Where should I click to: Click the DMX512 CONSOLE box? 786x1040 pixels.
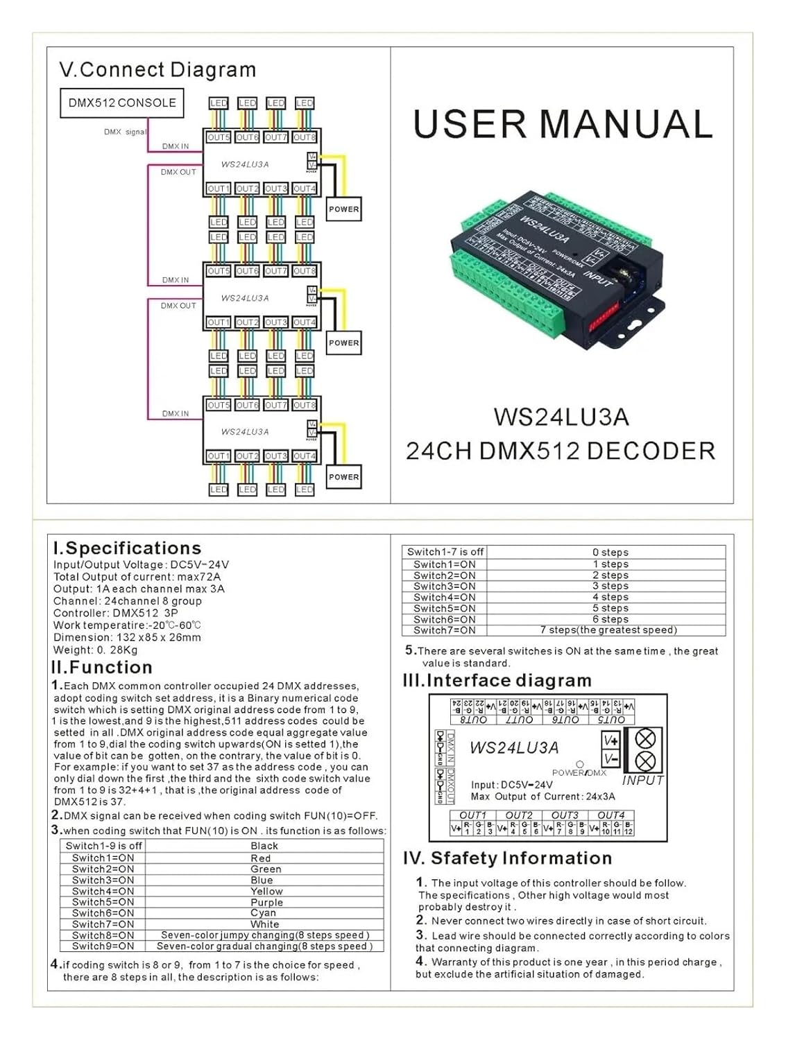122,103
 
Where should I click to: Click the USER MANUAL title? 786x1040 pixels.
563,124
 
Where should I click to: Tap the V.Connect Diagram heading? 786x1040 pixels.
157,70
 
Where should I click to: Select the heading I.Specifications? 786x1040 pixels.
127,548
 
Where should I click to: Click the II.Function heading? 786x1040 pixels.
102,667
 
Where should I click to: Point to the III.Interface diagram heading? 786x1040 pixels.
497,680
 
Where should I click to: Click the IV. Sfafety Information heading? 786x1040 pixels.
507,858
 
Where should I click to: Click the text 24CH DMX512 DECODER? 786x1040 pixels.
561,451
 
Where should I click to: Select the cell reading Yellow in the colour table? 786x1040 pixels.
266,891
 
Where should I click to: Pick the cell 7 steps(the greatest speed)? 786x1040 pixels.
608,630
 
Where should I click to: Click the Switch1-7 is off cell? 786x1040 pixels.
445,552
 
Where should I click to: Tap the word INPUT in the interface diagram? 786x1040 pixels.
642,780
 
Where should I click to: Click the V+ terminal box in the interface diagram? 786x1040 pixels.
611,740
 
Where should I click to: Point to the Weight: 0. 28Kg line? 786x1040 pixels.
96,650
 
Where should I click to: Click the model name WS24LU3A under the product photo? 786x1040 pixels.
561,417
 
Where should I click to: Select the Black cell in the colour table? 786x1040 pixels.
264,846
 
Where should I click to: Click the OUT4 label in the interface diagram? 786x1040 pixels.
610,815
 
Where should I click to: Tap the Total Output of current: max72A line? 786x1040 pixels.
137,577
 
